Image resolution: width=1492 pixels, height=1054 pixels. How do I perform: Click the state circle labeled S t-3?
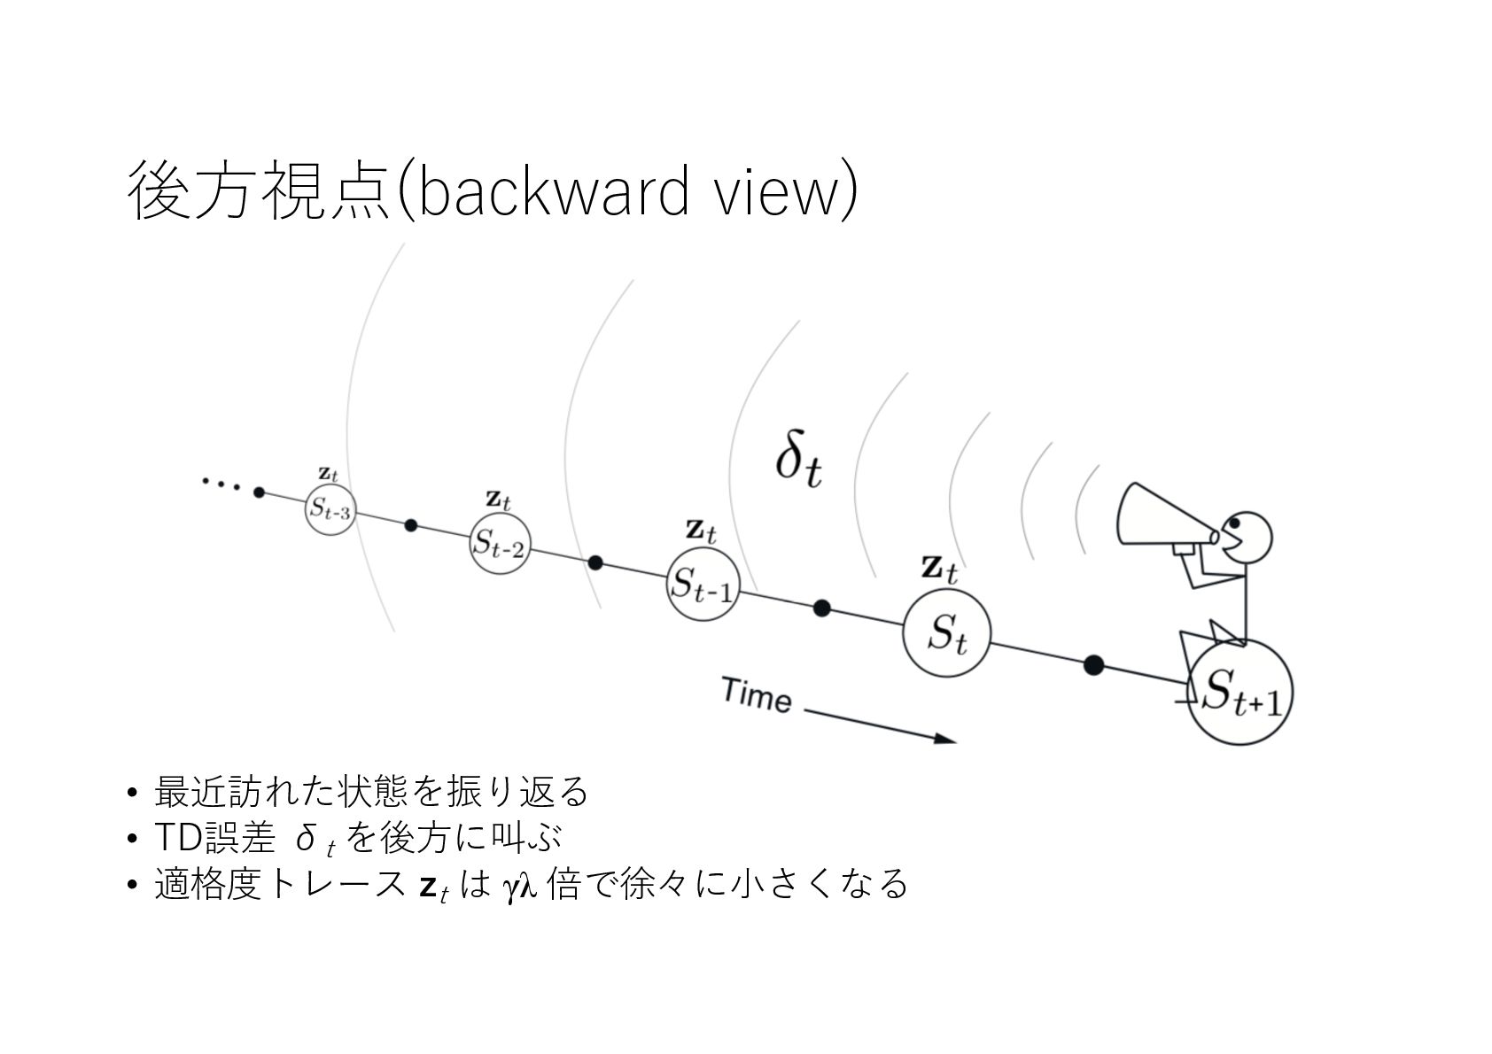(x=330, y=509)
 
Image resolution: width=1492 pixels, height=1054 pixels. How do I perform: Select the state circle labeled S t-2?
(x=500, y=543)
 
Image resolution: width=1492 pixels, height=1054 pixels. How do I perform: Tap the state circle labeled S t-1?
(x=702, y=584)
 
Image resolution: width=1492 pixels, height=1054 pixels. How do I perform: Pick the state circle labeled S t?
(x=947, y=634)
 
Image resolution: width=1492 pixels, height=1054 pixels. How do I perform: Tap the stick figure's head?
(x=1248, y=536)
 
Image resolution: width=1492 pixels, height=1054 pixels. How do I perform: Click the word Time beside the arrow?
(x=756, y=695)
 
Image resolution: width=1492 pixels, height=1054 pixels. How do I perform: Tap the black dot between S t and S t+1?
(x=1094, y=665)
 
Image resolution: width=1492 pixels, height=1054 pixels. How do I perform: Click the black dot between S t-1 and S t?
(x=821, y=608)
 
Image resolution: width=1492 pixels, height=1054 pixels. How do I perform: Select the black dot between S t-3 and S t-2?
(x=410, y=525)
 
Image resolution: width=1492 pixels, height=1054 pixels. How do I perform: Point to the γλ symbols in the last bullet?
(x=519, y=886)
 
